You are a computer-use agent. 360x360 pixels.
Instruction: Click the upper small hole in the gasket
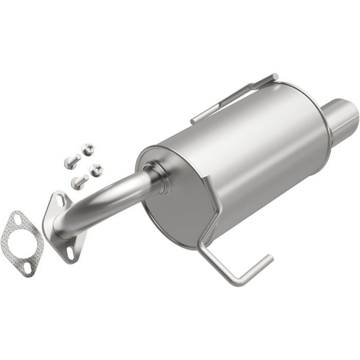(x=20, y=221)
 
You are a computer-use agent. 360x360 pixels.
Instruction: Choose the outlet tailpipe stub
(x=339, y=110)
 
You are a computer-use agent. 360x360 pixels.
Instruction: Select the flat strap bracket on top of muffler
(x=234, y=98)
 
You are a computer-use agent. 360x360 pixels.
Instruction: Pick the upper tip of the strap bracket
(x=275, y=77)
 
